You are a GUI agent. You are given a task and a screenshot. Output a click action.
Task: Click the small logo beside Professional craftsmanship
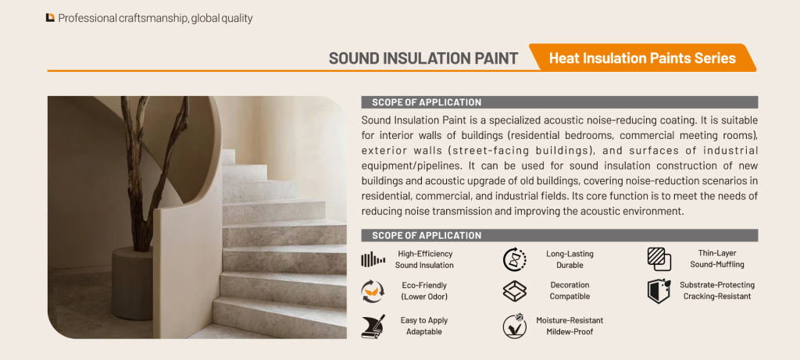[x=50, y=18]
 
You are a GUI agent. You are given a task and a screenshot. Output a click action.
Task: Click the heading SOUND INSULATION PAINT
[x=423, y=58]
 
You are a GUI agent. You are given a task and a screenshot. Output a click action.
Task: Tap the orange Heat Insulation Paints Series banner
[x=642, y=58]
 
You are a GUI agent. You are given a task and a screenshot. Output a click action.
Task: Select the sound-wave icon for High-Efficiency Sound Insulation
[x=373, y=259]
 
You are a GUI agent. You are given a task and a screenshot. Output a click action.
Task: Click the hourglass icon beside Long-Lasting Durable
[x=514, y=259]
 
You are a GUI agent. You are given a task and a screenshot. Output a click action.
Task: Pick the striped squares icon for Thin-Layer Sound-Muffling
[x=659, y=259]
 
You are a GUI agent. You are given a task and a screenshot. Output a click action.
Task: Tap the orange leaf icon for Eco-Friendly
[x=373, y=291]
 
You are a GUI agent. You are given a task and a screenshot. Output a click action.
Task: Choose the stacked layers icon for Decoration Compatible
[x=514, y=291]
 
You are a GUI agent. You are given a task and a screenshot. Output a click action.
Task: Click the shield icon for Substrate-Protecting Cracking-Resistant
[x=659, y=291]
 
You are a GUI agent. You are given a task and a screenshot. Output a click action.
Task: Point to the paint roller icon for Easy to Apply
[x=373, y=326]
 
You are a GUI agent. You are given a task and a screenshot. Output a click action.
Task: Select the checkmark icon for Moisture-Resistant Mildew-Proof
[x=514, y=326]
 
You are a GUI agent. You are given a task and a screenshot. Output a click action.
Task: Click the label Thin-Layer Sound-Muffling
[x=717, y=259]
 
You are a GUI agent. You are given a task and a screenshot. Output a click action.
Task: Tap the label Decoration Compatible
[x=570, y=290]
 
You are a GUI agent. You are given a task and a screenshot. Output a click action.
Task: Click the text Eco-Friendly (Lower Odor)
[x=424, y=290]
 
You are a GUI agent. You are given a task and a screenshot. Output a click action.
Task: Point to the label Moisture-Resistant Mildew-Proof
[x=570, y=326]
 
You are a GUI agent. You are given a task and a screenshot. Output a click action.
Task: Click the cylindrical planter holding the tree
[x=132, y=283]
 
